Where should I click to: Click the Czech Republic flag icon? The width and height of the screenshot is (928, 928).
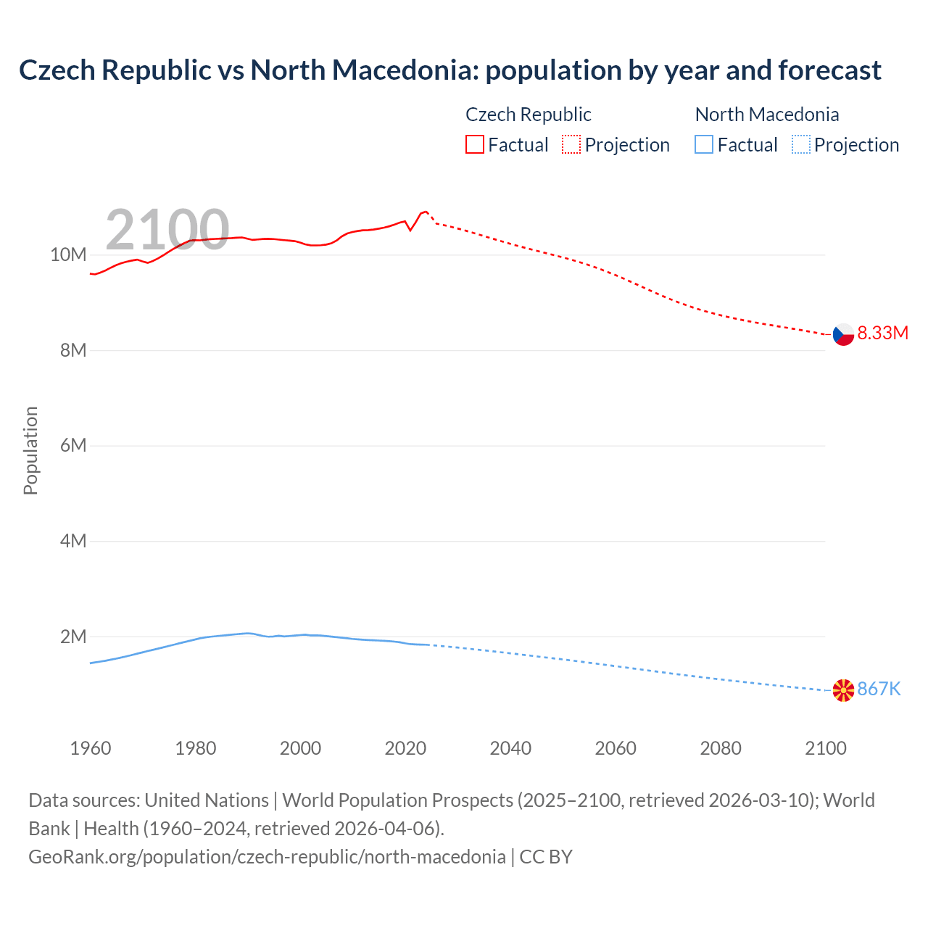[x=843, y=334]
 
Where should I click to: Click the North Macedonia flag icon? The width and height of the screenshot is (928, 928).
[x=843, y=690]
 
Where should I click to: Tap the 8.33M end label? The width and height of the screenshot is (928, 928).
[x=882, y=333]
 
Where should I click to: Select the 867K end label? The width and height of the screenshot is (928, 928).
[x=879, y=689]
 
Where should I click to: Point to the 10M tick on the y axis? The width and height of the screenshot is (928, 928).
[x=68, y=254]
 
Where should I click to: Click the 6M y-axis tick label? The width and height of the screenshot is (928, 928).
[x=72, y=445]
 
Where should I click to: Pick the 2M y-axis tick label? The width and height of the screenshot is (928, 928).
[x=72, y=637]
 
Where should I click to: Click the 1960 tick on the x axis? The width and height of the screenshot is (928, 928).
[x=91, y=748]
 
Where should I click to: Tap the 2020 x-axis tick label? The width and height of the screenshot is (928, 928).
[x=405, y=748]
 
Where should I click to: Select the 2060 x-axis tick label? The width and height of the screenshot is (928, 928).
[x=616, y=748]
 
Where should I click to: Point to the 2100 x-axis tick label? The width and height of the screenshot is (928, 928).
[x=825, y=748]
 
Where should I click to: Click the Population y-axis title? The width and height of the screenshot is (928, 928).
[x=30, y=450]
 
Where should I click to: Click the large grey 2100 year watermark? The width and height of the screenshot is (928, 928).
[x=167, y=230]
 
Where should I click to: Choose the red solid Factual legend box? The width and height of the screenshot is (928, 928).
[x=475, y=145]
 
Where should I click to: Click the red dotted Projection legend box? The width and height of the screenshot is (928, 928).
[x=571, y=145]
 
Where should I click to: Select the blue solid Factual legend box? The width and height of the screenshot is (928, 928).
[x=704, y=145]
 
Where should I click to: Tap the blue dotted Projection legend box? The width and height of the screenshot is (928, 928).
[x=800, y=145]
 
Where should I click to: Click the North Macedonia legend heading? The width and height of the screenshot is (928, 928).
[x=766, y=115]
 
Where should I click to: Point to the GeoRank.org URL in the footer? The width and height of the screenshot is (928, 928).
[x=267, y=857]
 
